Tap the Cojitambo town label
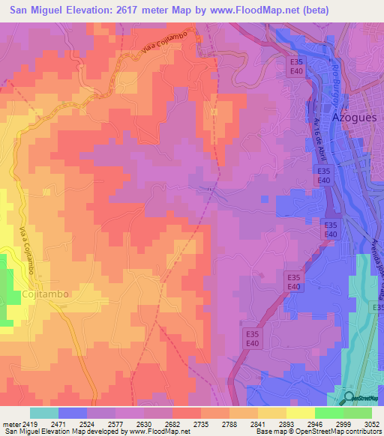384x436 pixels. coord(45,294)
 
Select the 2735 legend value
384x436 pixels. coord(201,423)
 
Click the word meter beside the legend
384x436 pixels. coord(10,423)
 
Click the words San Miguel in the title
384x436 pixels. coord(35,11)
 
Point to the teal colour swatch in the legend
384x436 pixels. coord(44,413)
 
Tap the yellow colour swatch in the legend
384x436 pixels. coord(301,413)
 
